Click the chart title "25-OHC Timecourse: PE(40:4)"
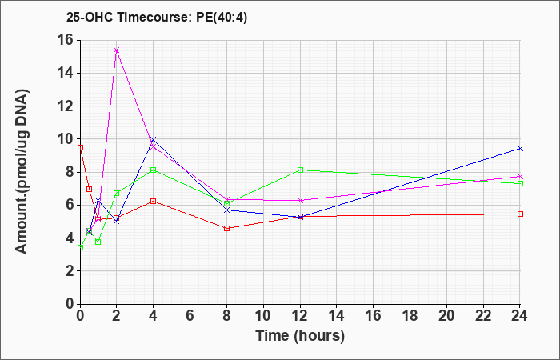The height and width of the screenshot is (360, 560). [157, 17]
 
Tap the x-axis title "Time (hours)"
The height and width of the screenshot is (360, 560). [300, 336]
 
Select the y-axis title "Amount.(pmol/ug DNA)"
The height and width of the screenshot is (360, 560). [22, 171]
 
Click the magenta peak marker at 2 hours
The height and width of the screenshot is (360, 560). [117, 50]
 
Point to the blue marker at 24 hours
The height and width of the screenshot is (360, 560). [520, 148]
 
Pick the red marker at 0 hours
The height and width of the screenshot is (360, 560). [80, 147]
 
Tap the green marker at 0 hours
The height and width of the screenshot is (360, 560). [80, 247]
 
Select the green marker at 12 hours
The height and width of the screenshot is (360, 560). [300, 170]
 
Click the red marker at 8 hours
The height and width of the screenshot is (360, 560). [226, 228]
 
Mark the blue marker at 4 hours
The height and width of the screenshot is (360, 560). [154, 139]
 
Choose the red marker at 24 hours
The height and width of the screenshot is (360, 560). [520, 214]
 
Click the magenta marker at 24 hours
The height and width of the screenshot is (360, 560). [520, 177]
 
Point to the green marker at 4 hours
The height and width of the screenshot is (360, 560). [154, 170]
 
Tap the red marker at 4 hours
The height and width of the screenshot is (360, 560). [154, 201]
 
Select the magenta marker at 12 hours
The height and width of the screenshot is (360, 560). [300, 200]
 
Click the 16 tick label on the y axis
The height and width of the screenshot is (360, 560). [66, 40]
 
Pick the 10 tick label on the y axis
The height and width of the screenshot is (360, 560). [66, 139]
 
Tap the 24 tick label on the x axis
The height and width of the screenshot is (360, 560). [519, 316]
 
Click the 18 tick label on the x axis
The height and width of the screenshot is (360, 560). [410, 316]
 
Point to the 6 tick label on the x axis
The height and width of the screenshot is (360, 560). [190, 316]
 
